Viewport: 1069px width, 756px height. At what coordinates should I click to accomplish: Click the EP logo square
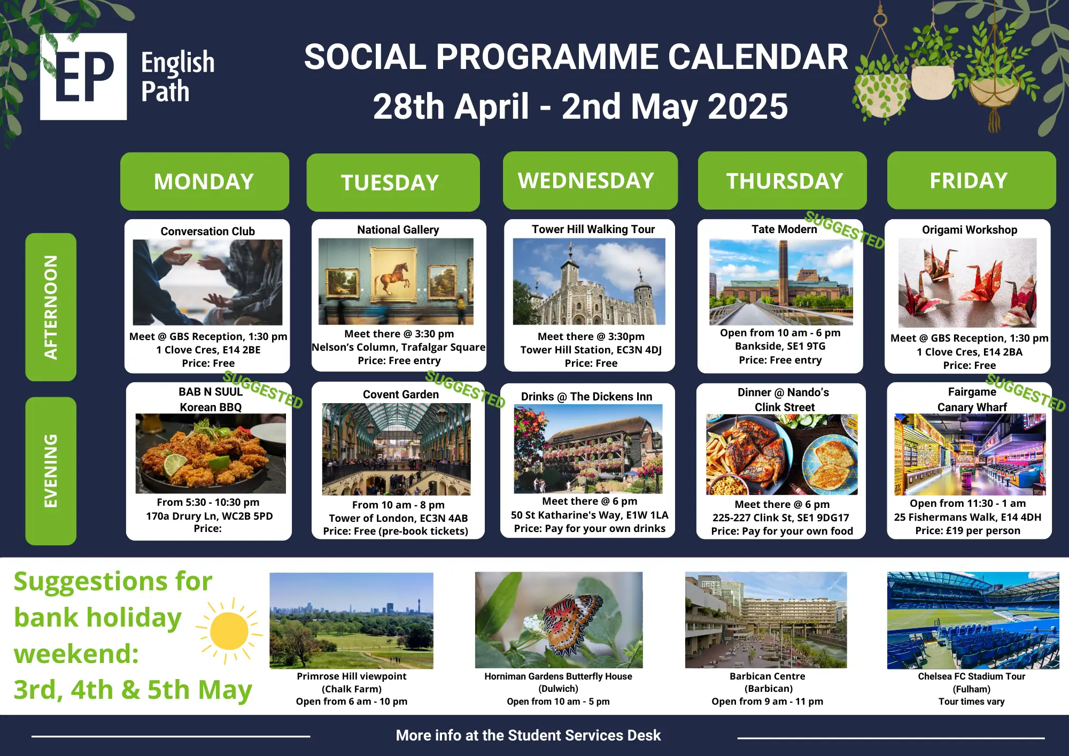tap(83, 76)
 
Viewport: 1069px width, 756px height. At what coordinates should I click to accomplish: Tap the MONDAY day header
tap(204, 181)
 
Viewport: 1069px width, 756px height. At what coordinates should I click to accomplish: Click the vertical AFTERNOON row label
tap(51, 307)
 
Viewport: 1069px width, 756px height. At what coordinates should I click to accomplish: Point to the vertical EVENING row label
tap(51, 470)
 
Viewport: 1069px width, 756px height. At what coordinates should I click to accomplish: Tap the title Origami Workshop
tap(969, 229)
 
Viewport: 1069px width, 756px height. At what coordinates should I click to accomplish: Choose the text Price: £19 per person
tap(967, 530)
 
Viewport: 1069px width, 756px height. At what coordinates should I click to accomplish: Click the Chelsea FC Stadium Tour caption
tap(971, 676)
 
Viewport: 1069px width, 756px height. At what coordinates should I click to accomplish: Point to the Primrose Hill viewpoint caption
tap(352, 676)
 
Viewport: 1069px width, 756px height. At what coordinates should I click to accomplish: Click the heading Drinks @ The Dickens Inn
tap(586, 396)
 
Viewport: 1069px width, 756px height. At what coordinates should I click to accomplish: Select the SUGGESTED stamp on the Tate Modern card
tap(845, 230)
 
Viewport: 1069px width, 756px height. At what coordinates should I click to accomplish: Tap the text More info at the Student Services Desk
tap(528, 735)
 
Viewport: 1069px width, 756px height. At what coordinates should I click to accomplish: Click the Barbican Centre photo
tap(766, 620)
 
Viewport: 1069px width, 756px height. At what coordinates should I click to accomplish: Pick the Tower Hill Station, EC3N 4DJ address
tap(591, 350)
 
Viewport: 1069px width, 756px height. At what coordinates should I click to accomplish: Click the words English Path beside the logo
tap(177, 76)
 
